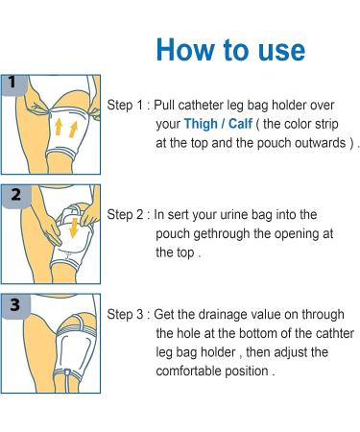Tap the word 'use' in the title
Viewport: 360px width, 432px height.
click(x=279, y=49)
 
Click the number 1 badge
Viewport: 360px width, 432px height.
click(x=11, y=82)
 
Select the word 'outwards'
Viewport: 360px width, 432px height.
click(x=325, y=143)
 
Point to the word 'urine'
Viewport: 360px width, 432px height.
click(x=247, y=215)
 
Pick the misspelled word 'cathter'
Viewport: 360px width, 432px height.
click(x=333, y=333)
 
